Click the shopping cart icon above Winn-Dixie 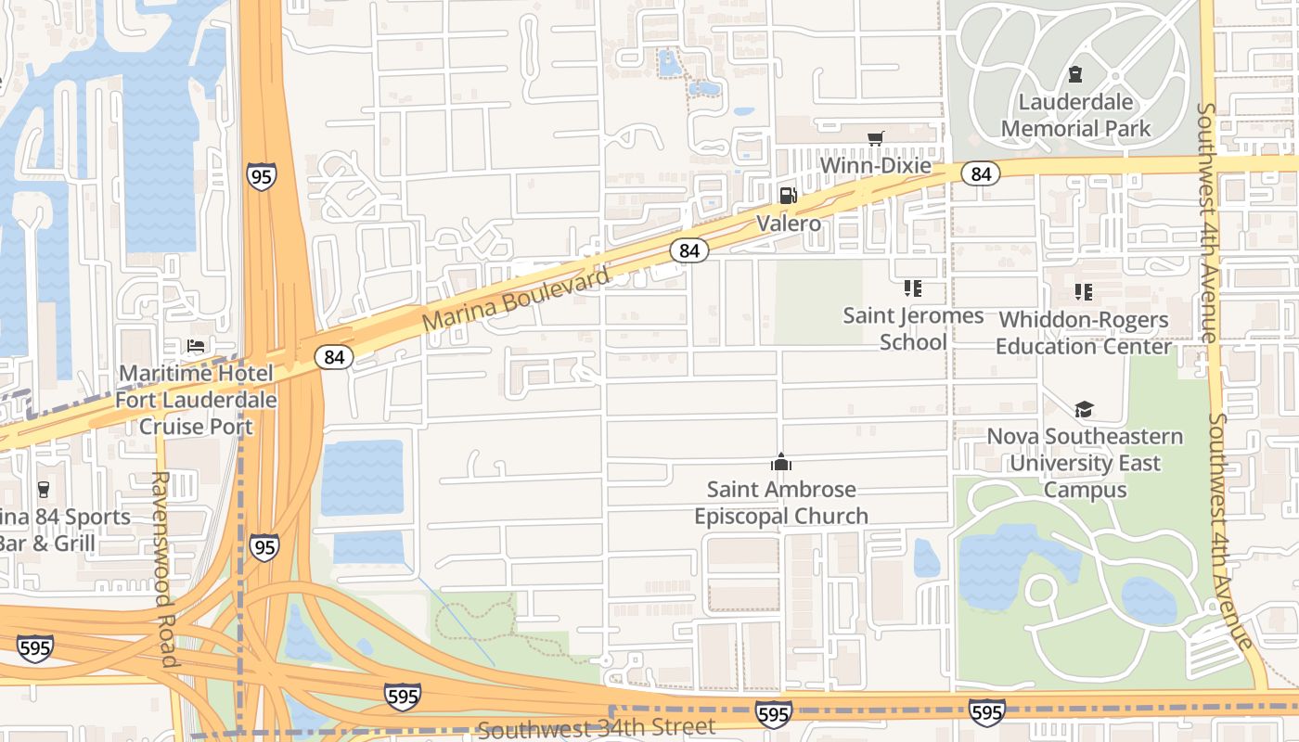[x=875, y=139]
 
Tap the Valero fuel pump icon [x=788, y=195]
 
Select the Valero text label [x=788, y=224]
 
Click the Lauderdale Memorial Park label [x=1075, y=116]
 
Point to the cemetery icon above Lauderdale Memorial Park [x=1075, y=74]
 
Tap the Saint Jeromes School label [x=913, y=328]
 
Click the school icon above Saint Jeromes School [x=913, y=288]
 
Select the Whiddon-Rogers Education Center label [x=1083, y=333]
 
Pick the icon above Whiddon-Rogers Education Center [x=1083, y=292]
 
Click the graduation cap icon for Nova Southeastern [x=1084, y=409]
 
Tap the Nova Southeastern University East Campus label [x=1085, y=463]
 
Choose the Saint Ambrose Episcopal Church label [x=781, y=502]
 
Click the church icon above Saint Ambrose [x=781, y=462]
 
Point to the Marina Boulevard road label [x=516, y=300]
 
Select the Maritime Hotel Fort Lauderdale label [x=196, y=400]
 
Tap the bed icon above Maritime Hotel [x=196, y=346]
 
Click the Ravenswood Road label [x=164, y=569]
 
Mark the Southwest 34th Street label [x=597, y=727]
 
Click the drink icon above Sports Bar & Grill [x=43, y=490]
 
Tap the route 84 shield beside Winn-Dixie [x=980, y=173]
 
